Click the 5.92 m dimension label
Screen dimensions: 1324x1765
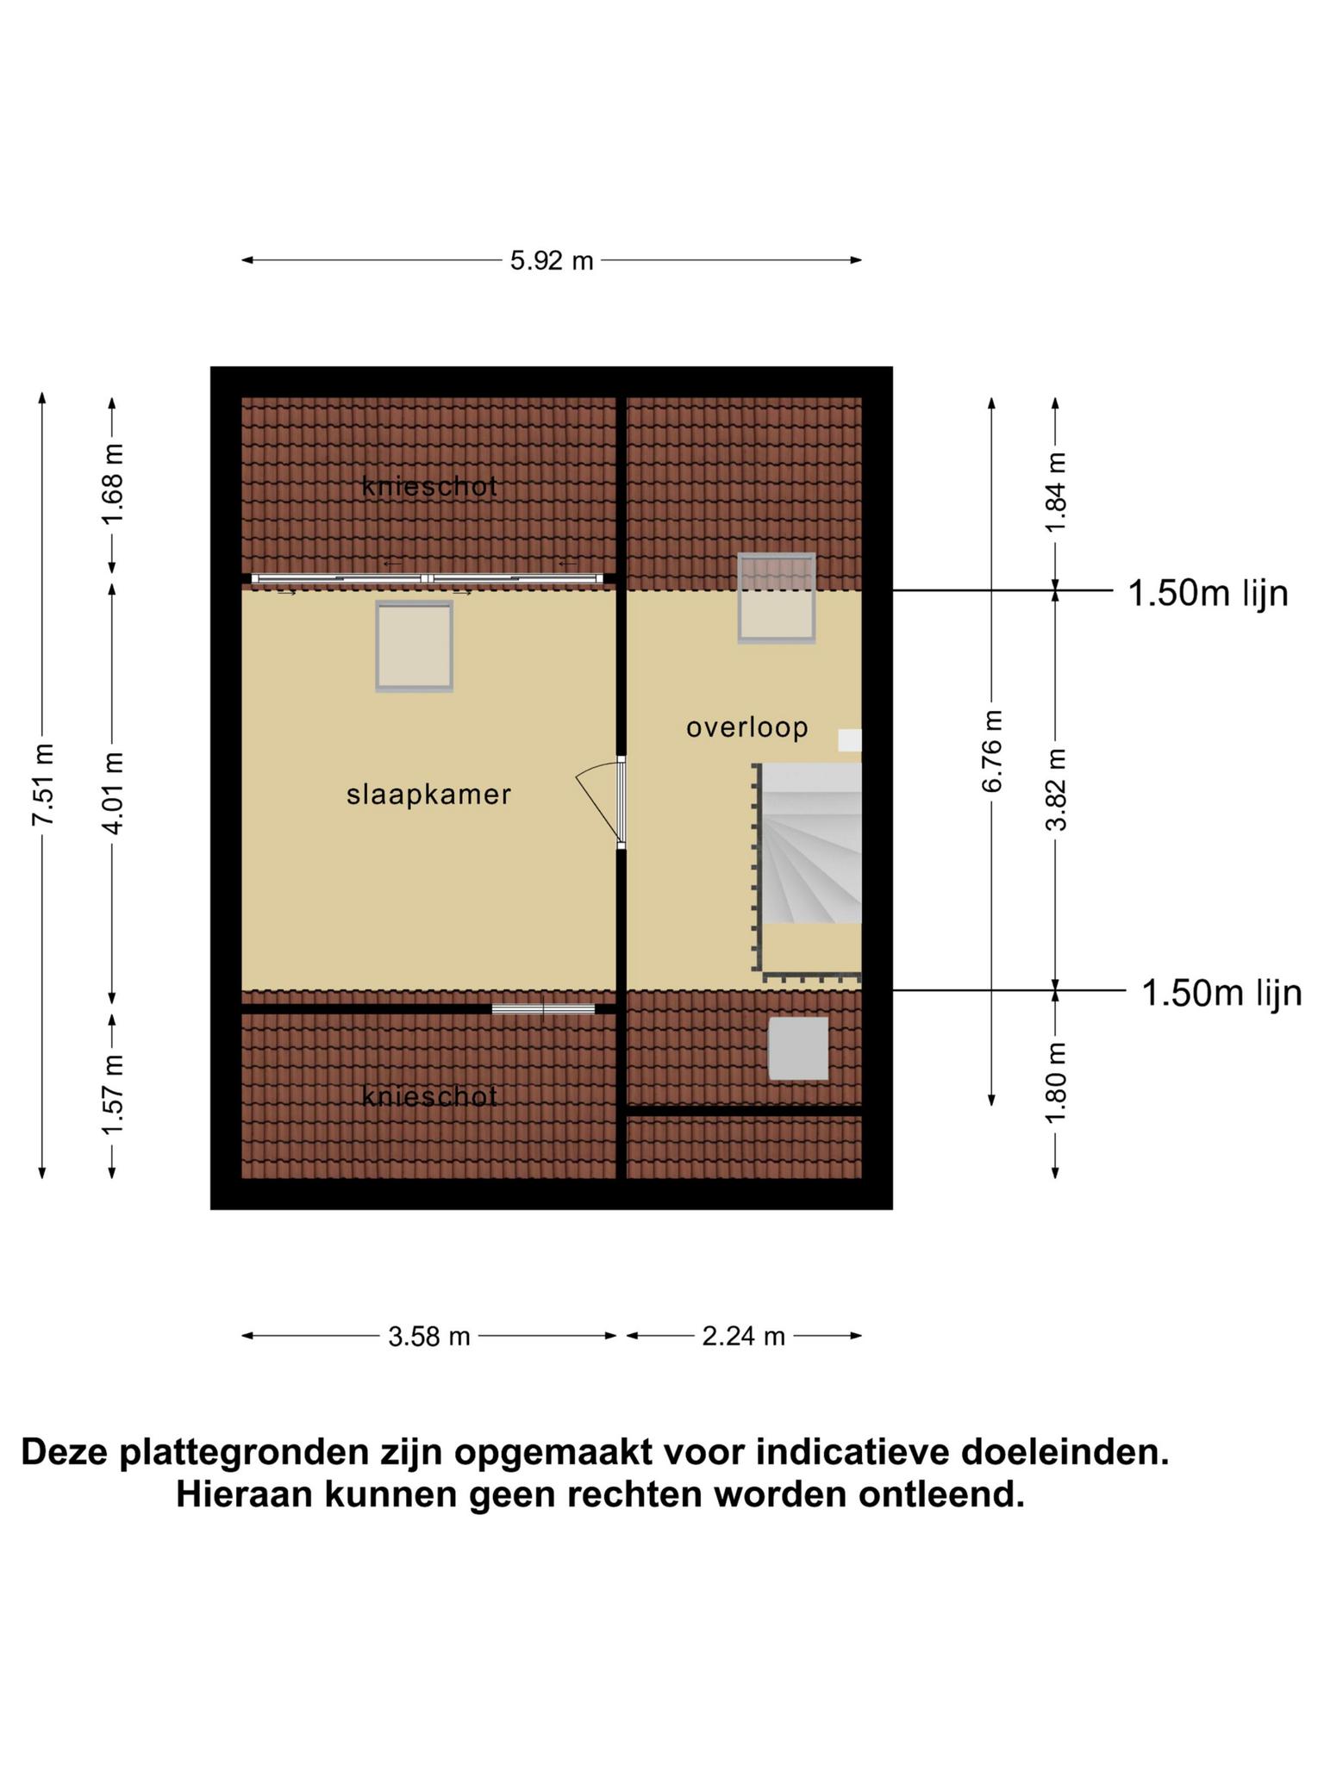point(552,260)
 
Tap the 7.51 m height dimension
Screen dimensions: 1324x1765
point(43,783)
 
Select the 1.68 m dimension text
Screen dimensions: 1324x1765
point(112,483)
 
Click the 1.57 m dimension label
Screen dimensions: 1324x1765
point(112,1094)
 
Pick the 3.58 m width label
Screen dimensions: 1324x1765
point(429,1336)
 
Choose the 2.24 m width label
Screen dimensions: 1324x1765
point(744,1336)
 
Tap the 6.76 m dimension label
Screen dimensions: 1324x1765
point(992,751)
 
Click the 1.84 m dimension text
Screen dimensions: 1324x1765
point(1056,492)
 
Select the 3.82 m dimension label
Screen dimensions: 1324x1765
point(1056,789)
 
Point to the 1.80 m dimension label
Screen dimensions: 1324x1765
point(1056,1082)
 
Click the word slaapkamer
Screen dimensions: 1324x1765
point(429,795)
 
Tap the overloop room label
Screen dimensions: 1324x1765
point(747,728)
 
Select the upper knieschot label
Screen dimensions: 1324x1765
point(429,486)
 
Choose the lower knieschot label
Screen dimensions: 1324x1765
point(429,1096)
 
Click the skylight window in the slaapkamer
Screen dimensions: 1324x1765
point(414,646)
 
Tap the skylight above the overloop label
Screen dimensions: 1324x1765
point(777,598)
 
